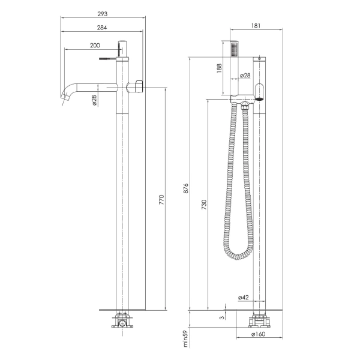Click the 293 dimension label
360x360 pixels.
pyautogui.click(x=103, y=14)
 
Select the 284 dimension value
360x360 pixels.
pyautogui.click(x=102, y=28)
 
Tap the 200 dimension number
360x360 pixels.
pyautogui.click(x=95, y=46)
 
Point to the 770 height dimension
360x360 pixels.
pyautogui.click(x=162, y=200)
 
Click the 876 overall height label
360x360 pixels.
pyautogui.click(x=186, y=188)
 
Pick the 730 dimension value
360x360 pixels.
pyautogui.click(x=204, y=205)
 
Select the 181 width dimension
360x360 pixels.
pyautogui.click(x=256, y=26)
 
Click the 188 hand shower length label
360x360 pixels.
pyautogui.click(x=219, y=68)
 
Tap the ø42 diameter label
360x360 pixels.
pyautogui.click(x=244, y=298)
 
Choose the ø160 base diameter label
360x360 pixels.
pyautogui.click(x=258, y=334)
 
